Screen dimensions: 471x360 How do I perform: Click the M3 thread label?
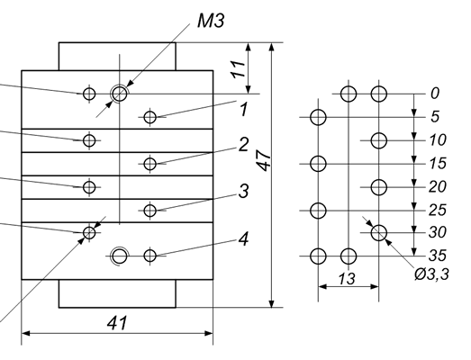211,21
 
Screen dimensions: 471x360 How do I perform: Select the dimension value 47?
265,160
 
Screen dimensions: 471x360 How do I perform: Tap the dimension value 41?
117,323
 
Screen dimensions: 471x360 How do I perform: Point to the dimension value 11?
239,69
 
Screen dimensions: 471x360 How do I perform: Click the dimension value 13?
347,279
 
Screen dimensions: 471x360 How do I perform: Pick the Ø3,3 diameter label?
431,274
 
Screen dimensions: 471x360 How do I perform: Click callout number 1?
244,109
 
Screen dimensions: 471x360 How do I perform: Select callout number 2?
244,144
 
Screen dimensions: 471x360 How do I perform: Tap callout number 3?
244,191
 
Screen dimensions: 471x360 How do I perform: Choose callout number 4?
244,239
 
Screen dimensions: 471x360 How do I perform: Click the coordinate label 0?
435,94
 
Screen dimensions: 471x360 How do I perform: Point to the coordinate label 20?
438,187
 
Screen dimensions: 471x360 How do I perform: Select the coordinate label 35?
438,256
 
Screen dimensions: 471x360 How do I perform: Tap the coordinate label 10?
438,140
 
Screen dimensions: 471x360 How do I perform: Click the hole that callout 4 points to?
150,256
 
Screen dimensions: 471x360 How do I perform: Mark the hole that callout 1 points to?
150,117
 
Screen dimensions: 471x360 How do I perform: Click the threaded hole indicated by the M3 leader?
120,94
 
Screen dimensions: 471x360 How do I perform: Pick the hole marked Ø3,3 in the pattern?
379,233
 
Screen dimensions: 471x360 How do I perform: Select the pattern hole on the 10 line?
379,140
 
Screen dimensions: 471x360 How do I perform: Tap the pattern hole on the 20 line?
379,187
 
